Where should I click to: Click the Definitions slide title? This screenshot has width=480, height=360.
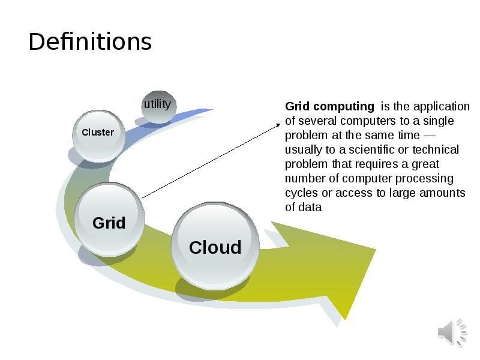coord(90,41)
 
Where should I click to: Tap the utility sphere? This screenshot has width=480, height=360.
coord(158,107)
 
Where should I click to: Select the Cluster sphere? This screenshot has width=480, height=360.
coord(98,136)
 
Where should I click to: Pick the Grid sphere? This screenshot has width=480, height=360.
coord(109,219)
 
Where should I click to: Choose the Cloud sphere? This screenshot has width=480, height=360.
coord(215,246)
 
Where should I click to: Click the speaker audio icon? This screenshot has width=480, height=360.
coord(452,332)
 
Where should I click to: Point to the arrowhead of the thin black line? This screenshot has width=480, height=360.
coord(278,125)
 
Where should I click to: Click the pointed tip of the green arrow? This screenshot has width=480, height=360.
coord(375,250)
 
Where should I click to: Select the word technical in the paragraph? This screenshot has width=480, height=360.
coord(436,149)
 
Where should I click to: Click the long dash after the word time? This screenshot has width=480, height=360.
coord(429,136)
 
